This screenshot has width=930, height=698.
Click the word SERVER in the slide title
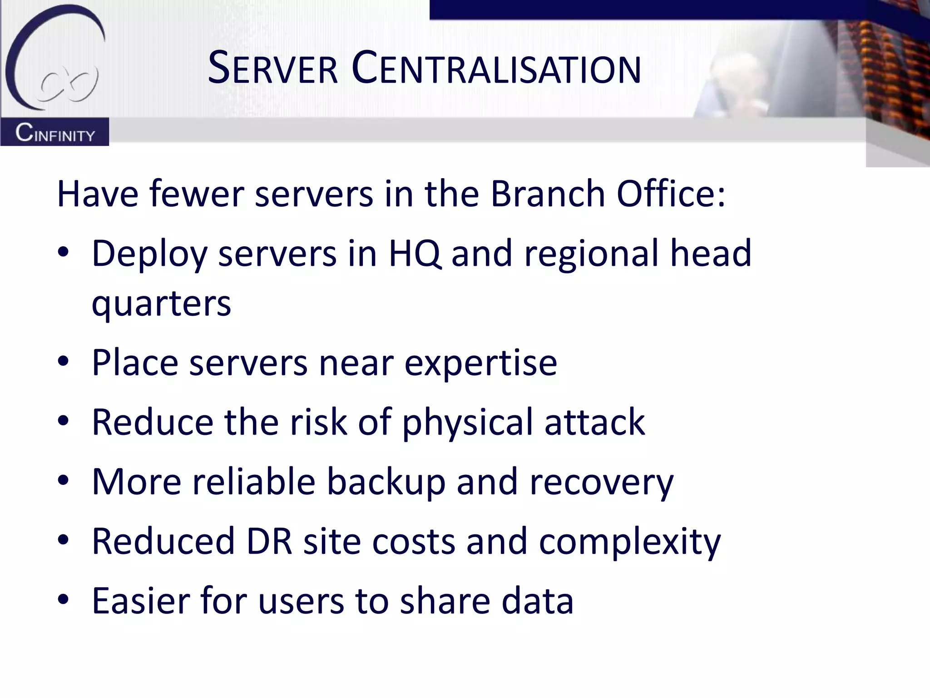tap(273, 70)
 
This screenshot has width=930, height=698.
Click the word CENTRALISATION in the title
tap(496, 70)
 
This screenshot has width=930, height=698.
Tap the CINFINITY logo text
tap(55, 133)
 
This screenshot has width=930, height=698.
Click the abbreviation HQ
tap(415, 254)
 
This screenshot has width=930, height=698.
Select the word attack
tap(594, 423)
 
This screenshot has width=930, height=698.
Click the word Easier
tap(140, 601)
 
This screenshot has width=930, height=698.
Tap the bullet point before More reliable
tap(63, 481)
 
